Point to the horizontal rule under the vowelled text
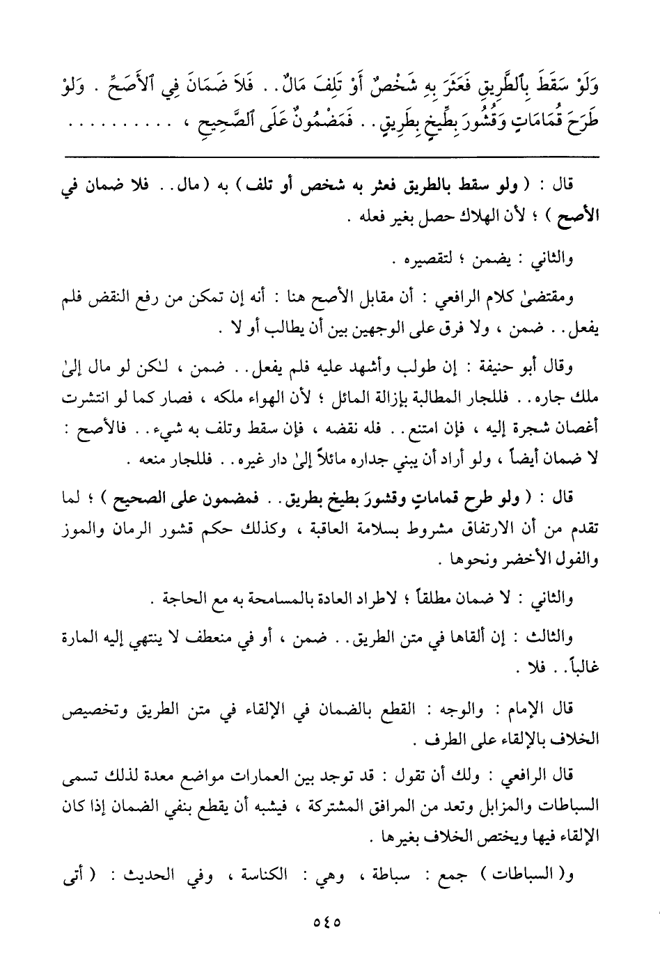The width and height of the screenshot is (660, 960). [x=331, y=155]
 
